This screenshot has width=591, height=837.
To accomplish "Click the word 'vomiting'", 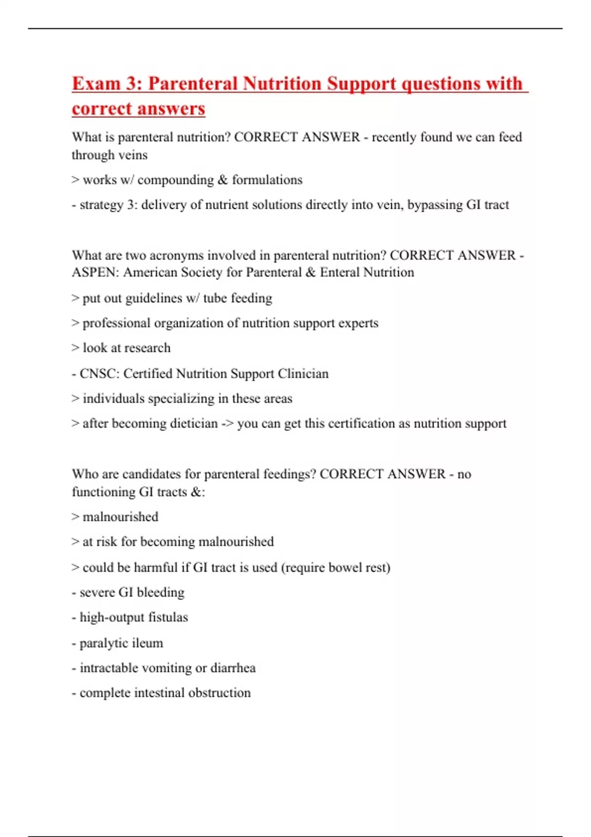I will click(166, 668).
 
